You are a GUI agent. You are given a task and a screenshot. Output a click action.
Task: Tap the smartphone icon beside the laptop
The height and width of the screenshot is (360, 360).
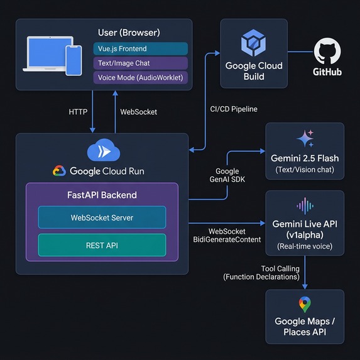tap(74, 60)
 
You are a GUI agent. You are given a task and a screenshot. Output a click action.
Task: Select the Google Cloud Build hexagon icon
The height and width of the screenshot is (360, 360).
tap(254, 44)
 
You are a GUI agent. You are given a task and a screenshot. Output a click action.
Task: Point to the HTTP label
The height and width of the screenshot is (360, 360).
tap(79, 112)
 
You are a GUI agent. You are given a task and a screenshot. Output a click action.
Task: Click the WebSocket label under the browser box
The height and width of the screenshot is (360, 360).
tap(138, 112)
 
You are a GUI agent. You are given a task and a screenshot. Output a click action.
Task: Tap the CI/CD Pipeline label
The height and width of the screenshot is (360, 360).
tap(234, 109)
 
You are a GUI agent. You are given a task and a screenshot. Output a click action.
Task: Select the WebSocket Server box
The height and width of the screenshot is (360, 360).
tap(102, 217)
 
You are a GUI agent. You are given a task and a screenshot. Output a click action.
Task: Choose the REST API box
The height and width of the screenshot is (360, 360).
tap(102, 246)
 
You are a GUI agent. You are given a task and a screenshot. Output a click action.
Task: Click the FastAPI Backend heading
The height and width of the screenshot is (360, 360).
tap(102, 195)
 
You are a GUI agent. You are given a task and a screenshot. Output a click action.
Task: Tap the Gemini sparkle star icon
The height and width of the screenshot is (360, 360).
tap(305, 138)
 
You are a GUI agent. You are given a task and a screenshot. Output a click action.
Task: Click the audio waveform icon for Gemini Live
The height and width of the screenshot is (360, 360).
tap(305, 206)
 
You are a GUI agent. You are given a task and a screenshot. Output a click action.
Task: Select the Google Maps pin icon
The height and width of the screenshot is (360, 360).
tap(305, 305)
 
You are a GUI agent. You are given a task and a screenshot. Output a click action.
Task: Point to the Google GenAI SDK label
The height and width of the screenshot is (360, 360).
tap(227, 175)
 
